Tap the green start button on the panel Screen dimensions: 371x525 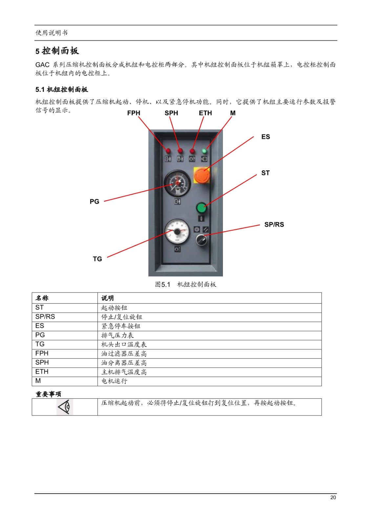[201, 208]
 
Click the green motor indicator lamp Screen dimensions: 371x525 [204, 151]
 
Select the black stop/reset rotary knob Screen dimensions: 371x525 [201, 240]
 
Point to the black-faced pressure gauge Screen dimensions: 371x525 [177, 183]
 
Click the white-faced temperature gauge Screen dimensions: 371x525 [177, 232]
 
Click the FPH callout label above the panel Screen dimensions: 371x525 [134, 113]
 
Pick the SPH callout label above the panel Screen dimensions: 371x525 [171, 113]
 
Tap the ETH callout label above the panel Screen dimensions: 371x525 [206, 113]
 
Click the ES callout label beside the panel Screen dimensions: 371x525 [266, 136]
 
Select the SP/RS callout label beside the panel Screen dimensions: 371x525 [274, 224]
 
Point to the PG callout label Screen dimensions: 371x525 [95, 201]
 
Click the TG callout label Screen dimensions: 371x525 [97, 259]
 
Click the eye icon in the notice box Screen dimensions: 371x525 [64, 407]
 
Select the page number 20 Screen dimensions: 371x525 [333, 497]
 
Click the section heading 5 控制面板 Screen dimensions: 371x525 [57, 51]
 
